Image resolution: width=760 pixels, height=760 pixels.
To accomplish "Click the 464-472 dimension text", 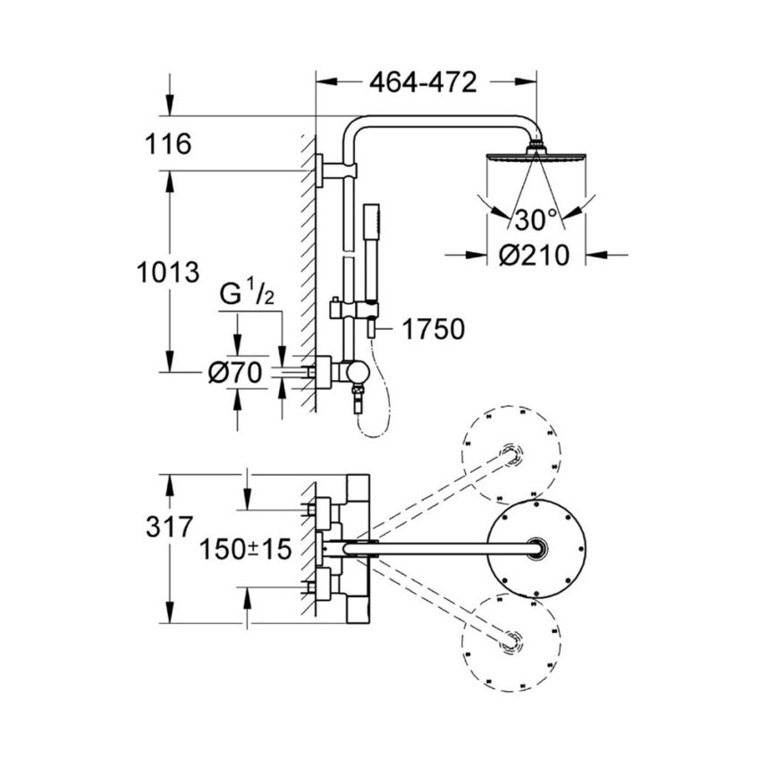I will point(424,82).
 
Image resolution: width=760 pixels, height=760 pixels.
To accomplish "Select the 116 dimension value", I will point(170,143).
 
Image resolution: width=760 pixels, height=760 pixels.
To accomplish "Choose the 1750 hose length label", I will point(433,330).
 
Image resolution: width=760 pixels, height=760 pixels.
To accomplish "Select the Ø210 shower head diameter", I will point(534,257).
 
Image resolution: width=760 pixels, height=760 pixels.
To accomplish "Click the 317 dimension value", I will point(168,528).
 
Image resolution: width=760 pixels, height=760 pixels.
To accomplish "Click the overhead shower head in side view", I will point(535,157).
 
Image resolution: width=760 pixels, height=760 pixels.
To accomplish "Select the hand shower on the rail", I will point(367,246).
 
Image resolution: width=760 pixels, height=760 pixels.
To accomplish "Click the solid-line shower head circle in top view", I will point(536,549).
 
